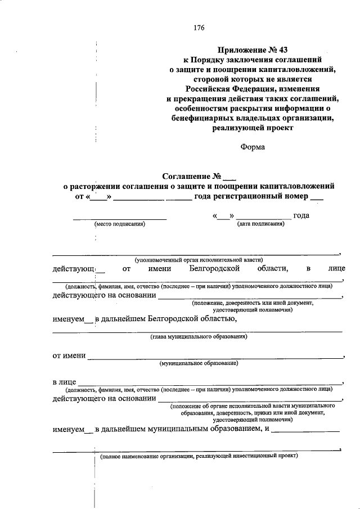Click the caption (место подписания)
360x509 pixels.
120,224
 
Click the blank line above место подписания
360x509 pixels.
120,218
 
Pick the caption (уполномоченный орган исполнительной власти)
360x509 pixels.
198,260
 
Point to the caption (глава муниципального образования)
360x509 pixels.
198,337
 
